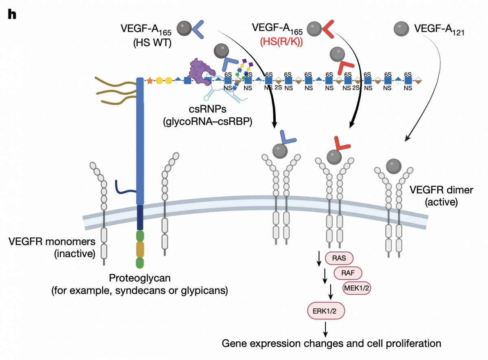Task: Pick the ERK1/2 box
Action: coord(324,311)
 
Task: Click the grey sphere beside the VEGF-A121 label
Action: coord(401,28)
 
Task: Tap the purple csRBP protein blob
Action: coord(199,72)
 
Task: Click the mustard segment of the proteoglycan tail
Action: coord(140,249)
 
